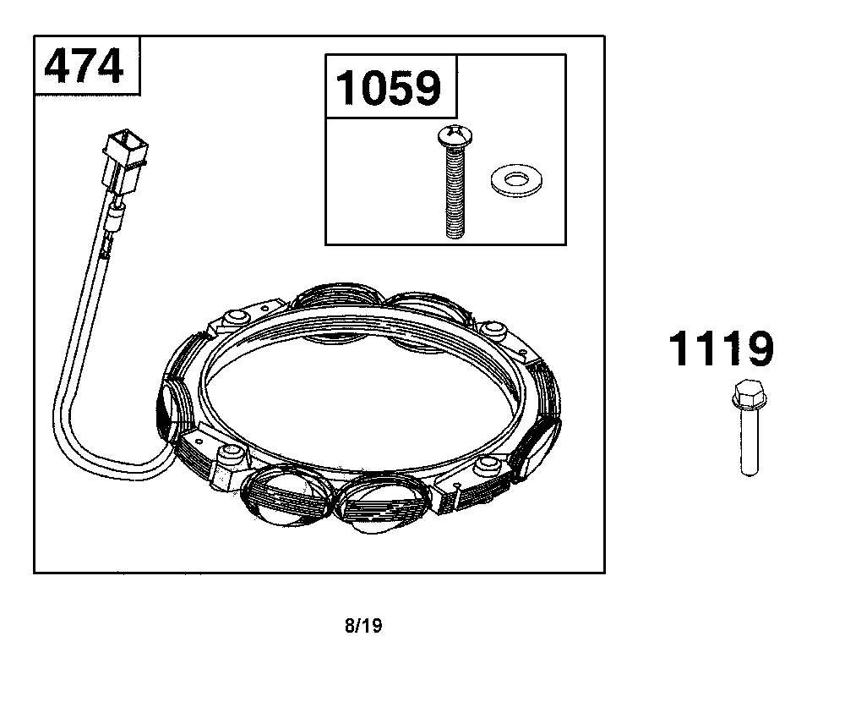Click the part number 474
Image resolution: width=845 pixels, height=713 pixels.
(84, 66)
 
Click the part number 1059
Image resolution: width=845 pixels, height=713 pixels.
(388, 87)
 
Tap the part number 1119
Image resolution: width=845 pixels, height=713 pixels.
(721, 349)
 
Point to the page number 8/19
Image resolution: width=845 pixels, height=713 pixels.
(363, 626)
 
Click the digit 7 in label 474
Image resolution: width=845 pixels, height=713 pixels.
(84, 66)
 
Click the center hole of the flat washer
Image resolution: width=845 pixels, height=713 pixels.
(517, 178)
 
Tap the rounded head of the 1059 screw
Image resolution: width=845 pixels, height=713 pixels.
(455, 136)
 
